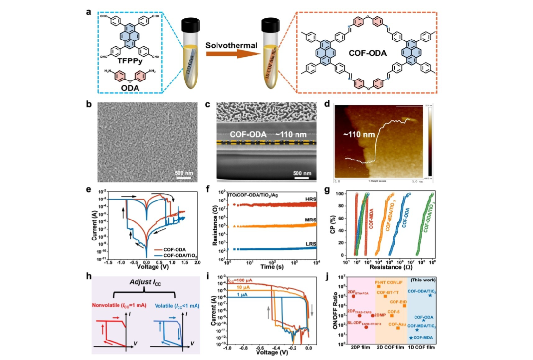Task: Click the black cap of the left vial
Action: pyautogui.click(x=188, y=25)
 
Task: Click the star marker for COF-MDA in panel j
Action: pyautogui.click(x=411, y=337)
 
